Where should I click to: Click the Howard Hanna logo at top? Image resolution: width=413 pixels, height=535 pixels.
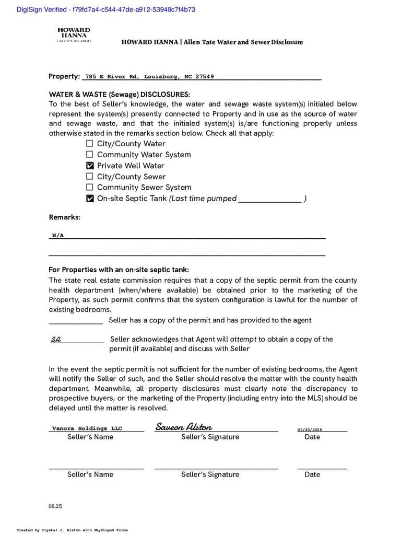tap(74, 35)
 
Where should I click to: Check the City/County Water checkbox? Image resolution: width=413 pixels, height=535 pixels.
tap(90, 144)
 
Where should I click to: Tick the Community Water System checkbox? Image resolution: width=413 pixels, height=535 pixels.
tap(90, 155)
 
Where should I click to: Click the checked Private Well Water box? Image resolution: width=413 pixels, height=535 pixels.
tap(90, 166)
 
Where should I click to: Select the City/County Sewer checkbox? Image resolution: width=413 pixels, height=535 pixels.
tap(90, 177)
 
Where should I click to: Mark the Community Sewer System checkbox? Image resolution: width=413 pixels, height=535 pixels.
tap(90, 187)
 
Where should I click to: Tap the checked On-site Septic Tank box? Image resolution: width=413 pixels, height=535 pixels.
tap(90, 199)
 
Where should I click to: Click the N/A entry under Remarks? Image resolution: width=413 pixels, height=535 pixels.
tap(58, 236)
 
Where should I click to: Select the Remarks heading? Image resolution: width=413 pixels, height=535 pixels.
tap(65, 217)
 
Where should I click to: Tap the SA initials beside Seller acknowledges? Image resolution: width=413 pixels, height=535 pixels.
tap(56, 340)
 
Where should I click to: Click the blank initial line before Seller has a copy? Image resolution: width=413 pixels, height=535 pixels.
tap(76, 321)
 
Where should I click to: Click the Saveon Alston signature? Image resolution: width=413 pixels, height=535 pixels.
tap(184, 427)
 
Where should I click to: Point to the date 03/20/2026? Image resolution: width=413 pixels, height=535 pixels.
tap(310, 429)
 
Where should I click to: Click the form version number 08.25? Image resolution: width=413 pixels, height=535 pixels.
tap(55, 506)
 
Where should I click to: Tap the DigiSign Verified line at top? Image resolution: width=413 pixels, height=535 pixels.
tap(106, 9)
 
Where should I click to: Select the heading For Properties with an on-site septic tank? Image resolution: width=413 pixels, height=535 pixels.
tap(119, 270)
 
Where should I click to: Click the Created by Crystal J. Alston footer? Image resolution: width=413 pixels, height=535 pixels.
tap(72, 530)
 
